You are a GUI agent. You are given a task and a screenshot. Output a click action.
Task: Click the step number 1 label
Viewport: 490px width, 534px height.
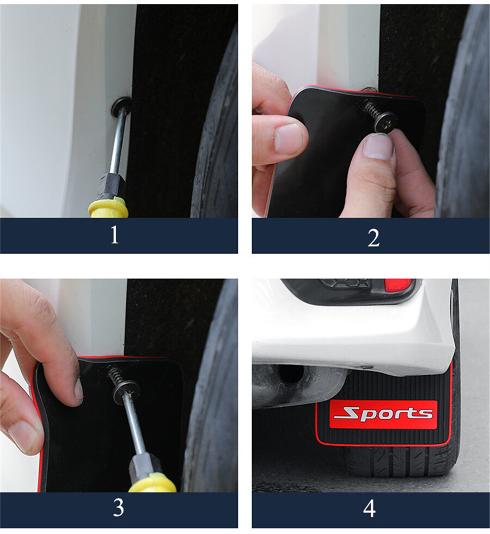click(114, 235)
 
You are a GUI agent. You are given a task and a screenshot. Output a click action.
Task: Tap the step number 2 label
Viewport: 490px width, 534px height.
click(373, 238)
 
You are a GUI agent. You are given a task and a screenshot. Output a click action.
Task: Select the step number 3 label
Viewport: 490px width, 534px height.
click(118, 508)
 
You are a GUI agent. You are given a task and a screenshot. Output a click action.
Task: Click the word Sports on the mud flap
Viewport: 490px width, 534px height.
click(383, 414)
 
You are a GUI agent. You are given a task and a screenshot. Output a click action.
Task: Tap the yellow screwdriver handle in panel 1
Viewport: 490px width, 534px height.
click(109, 208)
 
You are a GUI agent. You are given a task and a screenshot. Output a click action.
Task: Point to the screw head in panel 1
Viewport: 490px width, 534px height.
click(121, 105)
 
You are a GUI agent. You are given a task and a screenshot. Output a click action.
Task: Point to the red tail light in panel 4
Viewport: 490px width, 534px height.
click(397, 284)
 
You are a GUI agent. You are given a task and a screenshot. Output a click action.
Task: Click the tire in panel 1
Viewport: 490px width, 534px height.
click(218, 136)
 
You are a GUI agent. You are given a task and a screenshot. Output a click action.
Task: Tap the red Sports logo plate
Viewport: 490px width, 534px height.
click(383, 414)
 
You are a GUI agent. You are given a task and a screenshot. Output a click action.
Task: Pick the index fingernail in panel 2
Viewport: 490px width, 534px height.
click(289, 138)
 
